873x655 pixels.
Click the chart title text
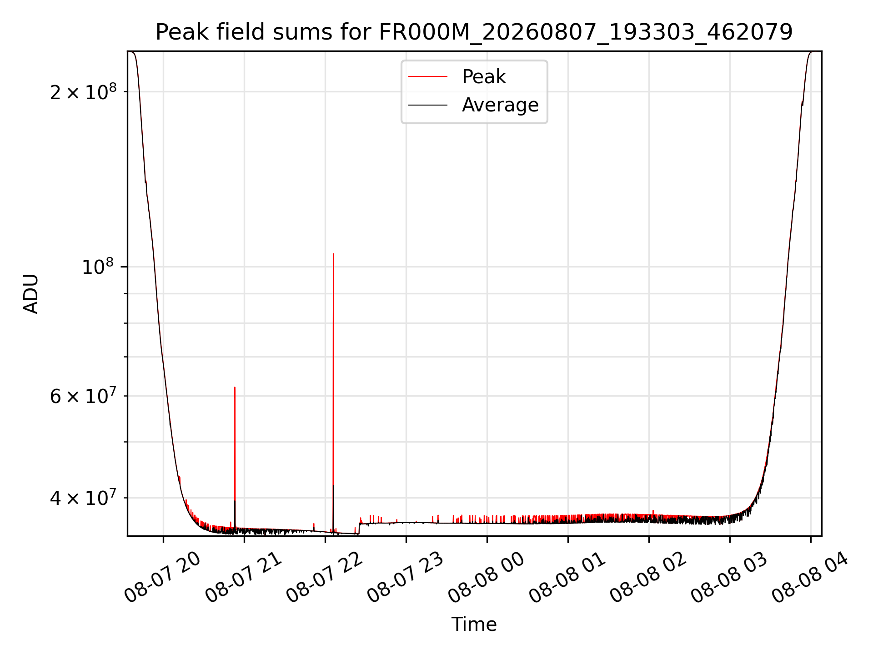pos(474,32)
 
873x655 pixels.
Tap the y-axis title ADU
pos(31,294)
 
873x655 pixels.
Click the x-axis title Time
pos(474,624)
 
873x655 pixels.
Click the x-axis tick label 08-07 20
pos(162,578)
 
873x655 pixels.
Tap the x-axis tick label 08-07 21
pos(243,578)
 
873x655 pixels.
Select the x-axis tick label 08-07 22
pos(324,578)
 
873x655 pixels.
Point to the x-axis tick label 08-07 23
pos(405,578)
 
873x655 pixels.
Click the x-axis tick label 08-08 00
pos(486,578)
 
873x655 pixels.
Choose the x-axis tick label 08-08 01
pos(567,578)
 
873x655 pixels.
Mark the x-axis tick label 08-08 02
pos(648,578)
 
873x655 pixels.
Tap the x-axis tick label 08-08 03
pos(729,578)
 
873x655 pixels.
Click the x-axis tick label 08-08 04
pos(810,578)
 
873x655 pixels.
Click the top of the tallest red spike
pos(333,254)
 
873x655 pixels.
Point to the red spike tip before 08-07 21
pos(235,387)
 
